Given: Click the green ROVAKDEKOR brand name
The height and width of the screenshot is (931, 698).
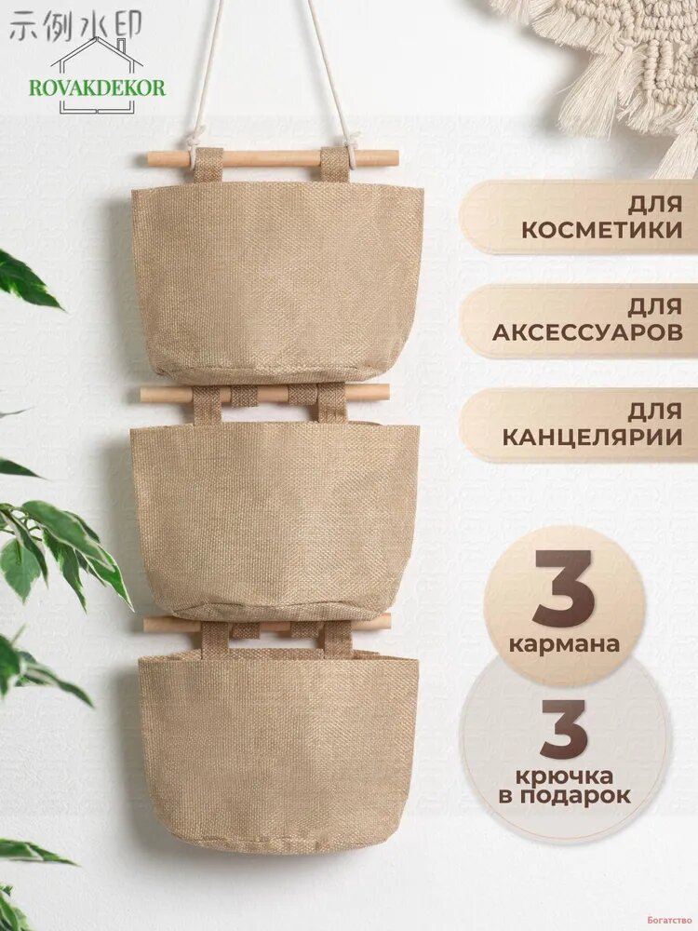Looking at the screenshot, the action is click(x=98, y=88).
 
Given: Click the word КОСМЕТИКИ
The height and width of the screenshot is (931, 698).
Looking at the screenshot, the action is click(x=602, y=230).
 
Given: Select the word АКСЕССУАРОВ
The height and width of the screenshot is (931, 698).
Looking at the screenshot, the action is click(x=587, y=332).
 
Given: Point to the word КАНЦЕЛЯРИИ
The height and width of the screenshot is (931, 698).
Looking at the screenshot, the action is click(x=592, y=438).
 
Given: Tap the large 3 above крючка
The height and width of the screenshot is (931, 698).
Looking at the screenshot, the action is click(x=564, y=729).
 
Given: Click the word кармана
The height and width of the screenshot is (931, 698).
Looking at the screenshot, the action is click(x=564, y=644).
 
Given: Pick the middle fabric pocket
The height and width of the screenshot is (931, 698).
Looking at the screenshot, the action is click(x=275, y=520).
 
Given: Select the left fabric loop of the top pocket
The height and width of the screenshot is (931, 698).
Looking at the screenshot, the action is click(x=208, y=166).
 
